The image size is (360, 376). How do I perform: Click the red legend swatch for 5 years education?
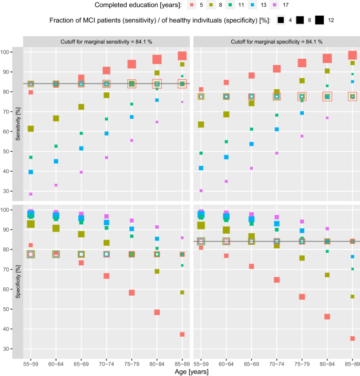click(x=193, y=5)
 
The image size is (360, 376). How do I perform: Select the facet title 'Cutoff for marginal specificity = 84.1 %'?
click(x=276, y=41)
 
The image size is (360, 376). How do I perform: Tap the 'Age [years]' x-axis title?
click(x=191, y=372)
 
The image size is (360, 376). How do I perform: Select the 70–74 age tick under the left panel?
click(x=107, y=363)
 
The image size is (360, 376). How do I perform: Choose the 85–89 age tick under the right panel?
click(x=352, y=363)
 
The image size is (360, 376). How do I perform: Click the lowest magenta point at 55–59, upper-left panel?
click(x=31, y=194)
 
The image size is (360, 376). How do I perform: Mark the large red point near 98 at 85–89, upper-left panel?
click(x=182, y=56)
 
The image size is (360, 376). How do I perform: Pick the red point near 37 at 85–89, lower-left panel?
click(x=182, y=334)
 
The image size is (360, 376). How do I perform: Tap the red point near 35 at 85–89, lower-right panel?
click(x=352, y=338)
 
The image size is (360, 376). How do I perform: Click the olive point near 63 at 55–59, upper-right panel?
click(x=201, y=124)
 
